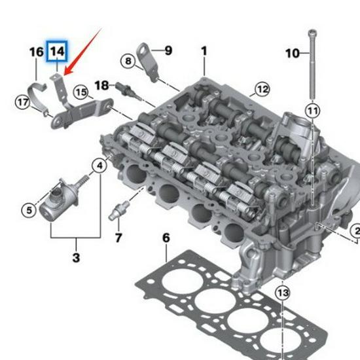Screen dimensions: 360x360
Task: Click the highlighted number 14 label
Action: tap(57, 52)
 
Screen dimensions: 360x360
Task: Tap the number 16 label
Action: tap(37, 52)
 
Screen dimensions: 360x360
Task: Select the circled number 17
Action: tap(23, 102)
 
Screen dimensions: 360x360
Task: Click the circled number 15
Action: tap(81, 92)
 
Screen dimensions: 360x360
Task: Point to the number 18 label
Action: tap(101, 85)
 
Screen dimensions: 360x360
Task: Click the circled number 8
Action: tap(128, 61)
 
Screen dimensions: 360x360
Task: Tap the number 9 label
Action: tap(168, 50)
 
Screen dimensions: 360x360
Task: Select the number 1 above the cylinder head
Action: tap(204, 51)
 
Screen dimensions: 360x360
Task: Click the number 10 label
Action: tap(293, 53)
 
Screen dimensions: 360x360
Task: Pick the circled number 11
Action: tap(312, 111)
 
